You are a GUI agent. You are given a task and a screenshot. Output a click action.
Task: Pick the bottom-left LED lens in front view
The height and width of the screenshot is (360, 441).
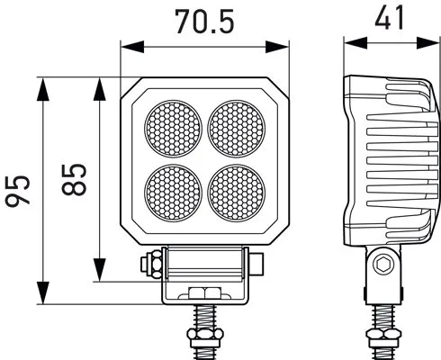[174, 190]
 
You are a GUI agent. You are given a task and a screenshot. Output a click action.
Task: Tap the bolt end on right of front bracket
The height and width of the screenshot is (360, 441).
[258, 265]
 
